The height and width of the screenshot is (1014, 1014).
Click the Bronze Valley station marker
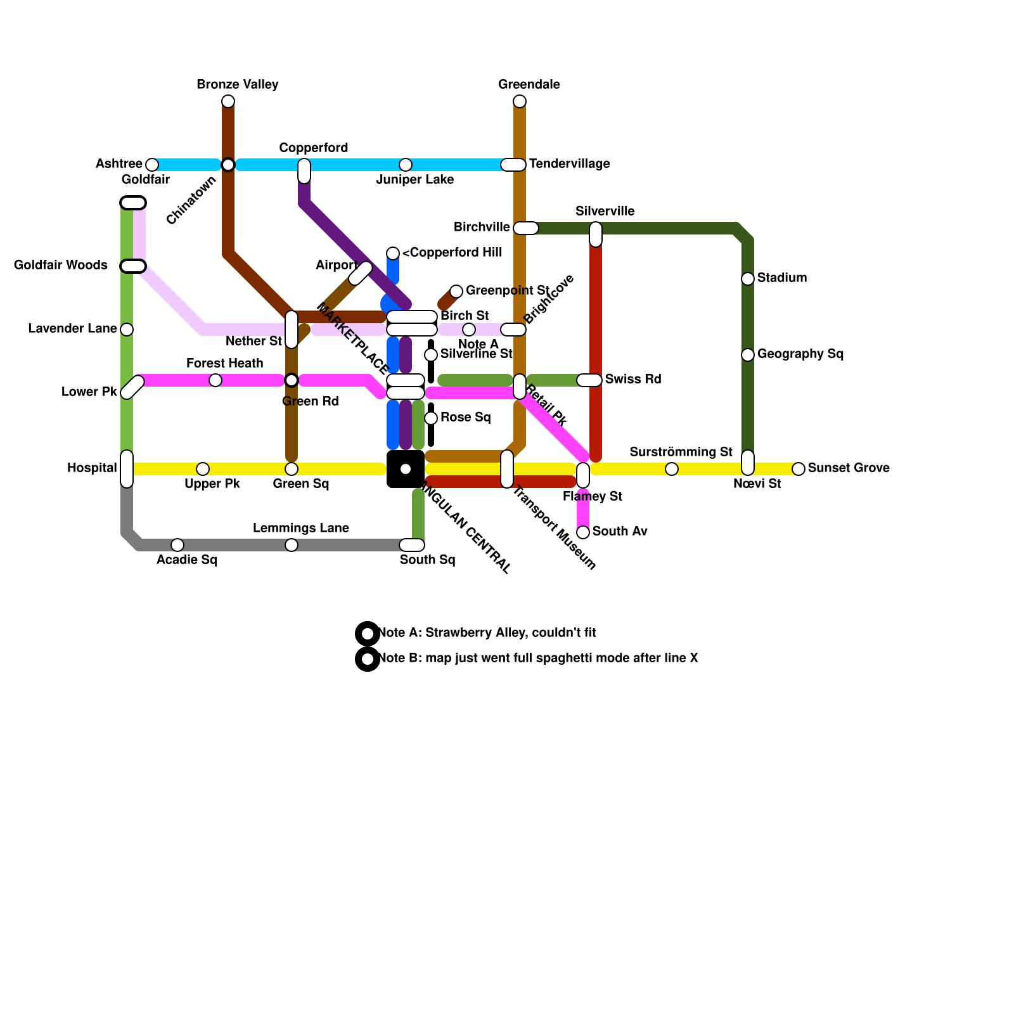click(x=228, y=101)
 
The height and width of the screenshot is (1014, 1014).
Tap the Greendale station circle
click(x=520, y=101)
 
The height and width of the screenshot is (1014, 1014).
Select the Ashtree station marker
click(x=152, y=165)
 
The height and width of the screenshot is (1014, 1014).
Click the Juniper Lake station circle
click(x=406, y=165)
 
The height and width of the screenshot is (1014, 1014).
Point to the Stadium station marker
click(x=748, y=279)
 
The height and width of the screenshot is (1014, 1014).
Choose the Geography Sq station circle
click(x=748, y=355)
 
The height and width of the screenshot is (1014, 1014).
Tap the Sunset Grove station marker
click(x=799, y=469)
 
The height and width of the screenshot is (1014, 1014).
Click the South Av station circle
click(x=583, y=532)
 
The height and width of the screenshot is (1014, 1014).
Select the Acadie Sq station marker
click(x=177, y=545)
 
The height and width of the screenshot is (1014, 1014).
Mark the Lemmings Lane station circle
click(x=292, y=545)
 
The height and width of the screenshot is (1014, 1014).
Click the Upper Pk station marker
click(x=203, y=469)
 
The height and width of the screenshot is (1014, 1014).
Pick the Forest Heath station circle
click(x=215, y=380)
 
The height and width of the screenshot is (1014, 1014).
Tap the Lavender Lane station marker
click(x=127, y=330)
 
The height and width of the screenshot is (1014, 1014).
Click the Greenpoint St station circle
click(x=456, y=292)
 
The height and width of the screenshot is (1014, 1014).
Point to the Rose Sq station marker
click(x=431, y=418)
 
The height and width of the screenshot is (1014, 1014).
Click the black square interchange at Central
click(x=406, y=469)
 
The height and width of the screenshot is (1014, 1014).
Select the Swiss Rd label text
click(x=632, y=380)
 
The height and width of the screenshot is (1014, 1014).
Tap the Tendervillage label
click(x=569, y=164)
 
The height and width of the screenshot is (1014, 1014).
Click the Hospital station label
click(x=92, y=468)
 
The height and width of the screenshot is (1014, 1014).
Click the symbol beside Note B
click(x=368, y=659)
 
